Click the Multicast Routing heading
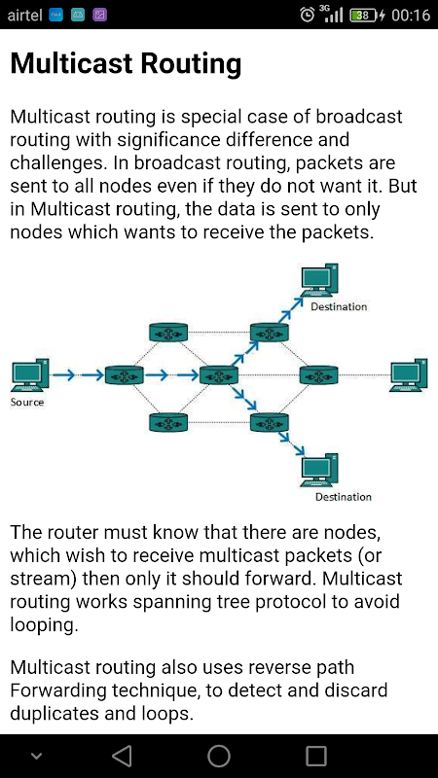[126, 64]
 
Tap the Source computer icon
[30, 375]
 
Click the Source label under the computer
[27, 402]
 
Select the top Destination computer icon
[320, 280]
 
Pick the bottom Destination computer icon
[320, 470]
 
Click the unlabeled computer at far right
[408, 375]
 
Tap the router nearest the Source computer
[125, 374]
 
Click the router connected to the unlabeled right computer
[319, 374]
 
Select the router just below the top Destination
[270, 332]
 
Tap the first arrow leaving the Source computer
[63, 375]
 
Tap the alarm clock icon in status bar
[308, 15]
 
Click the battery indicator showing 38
[364, 15]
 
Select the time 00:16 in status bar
[411, 15]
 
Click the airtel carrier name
[25, 15]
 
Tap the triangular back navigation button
[122, 756]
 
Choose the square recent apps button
[315, 756]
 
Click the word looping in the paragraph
[44, 624]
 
